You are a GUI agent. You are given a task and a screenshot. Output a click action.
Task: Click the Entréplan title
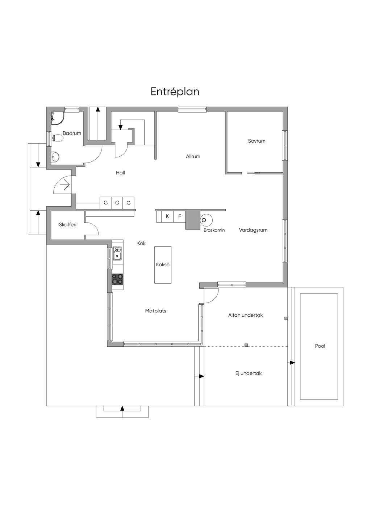click(x=175, y=92)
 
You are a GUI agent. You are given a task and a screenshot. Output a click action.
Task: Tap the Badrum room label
click(x=72, y=133)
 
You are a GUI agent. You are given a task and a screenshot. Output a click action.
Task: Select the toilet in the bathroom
click(x=57, y=138)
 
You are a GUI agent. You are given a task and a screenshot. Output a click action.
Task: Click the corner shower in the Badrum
click(x=57, y=118)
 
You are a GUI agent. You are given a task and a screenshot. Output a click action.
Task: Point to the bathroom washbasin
click(x=55, y=156)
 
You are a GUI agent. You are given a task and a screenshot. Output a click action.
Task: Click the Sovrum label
click(x=257, y=141)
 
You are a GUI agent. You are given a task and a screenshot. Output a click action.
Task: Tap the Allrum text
click(x=193, y=156)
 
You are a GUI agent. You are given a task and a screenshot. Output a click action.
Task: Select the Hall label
click(x=120, y=173)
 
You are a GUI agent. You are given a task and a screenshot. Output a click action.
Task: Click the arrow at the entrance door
click(x=65, y=185)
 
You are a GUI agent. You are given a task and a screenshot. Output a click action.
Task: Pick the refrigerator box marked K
click(x=167, y=216)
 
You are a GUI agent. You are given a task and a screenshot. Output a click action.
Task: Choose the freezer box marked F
click(x=179, y=216)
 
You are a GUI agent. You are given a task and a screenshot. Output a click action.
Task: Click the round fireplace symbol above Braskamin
click(x=207, y=220)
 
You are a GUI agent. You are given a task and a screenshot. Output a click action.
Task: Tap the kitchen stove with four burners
click(x=117, y=279)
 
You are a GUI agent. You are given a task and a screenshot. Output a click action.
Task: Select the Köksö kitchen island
click(x=163, y=265)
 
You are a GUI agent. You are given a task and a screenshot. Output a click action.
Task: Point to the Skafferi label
click(x=68, y=225)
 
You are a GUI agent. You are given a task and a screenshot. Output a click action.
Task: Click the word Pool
click(x=320, y=346)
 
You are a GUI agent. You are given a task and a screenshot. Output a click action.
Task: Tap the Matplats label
click(x=155, y=310)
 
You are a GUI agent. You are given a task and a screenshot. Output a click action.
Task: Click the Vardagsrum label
click(x=253, y=230)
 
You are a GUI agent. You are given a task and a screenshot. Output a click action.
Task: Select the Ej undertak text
click(x=248, y=373)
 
